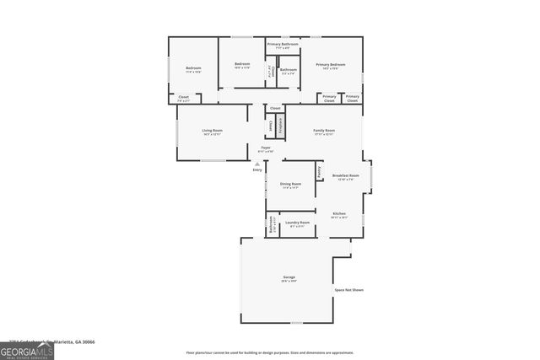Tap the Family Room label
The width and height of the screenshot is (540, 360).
[x=324, y=131]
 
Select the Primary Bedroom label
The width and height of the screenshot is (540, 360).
[x=330, y=65]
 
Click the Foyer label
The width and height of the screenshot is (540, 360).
[x=266, y=148]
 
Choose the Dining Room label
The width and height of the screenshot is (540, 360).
[x=290, y=185]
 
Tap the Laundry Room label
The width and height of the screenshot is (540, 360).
[x=300, y=223]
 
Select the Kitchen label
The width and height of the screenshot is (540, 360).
[x=338, y=213]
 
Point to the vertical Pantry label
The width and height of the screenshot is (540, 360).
[x=319, y=172]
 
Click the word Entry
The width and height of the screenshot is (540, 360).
[x=257, y=170]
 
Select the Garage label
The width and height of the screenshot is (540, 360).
[x=289, y=277]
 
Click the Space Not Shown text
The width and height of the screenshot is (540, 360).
[x=348, y=290]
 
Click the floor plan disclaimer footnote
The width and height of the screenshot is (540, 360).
[x=270, y=353]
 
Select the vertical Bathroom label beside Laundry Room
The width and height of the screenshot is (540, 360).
[x=271, y=225]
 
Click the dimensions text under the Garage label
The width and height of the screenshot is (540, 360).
[x=289, y=282]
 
